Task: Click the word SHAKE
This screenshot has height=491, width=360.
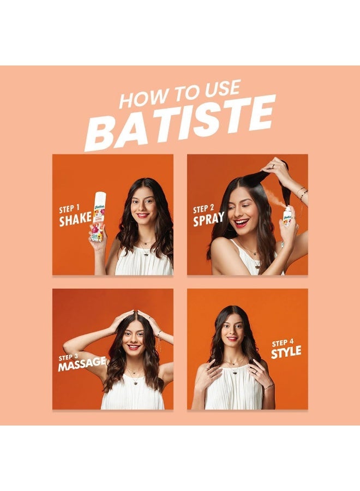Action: click(75, 219)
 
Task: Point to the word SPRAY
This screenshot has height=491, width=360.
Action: click(208, 219)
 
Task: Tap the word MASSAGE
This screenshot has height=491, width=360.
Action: click(82, 364)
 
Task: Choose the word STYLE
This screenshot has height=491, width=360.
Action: click(286, 352)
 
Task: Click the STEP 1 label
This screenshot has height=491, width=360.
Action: click(69, 208)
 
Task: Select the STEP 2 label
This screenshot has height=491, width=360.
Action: click(203, 208)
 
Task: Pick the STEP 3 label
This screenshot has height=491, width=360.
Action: click(69, 357)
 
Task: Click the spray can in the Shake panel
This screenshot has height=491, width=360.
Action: click(99, 216)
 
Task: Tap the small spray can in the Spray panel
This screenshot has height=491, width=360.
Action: click(287, 217)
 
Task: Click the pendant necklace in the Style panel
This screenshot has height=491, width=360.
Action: click(235, 372)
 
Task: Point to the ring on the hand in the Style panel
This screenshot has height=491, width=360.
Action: click(256, 372)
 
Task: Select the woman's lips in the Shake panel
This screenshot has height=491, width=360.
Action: click(143, 215)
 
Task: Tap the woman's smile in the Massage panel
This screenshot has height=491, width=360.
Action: click(134, 347)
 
